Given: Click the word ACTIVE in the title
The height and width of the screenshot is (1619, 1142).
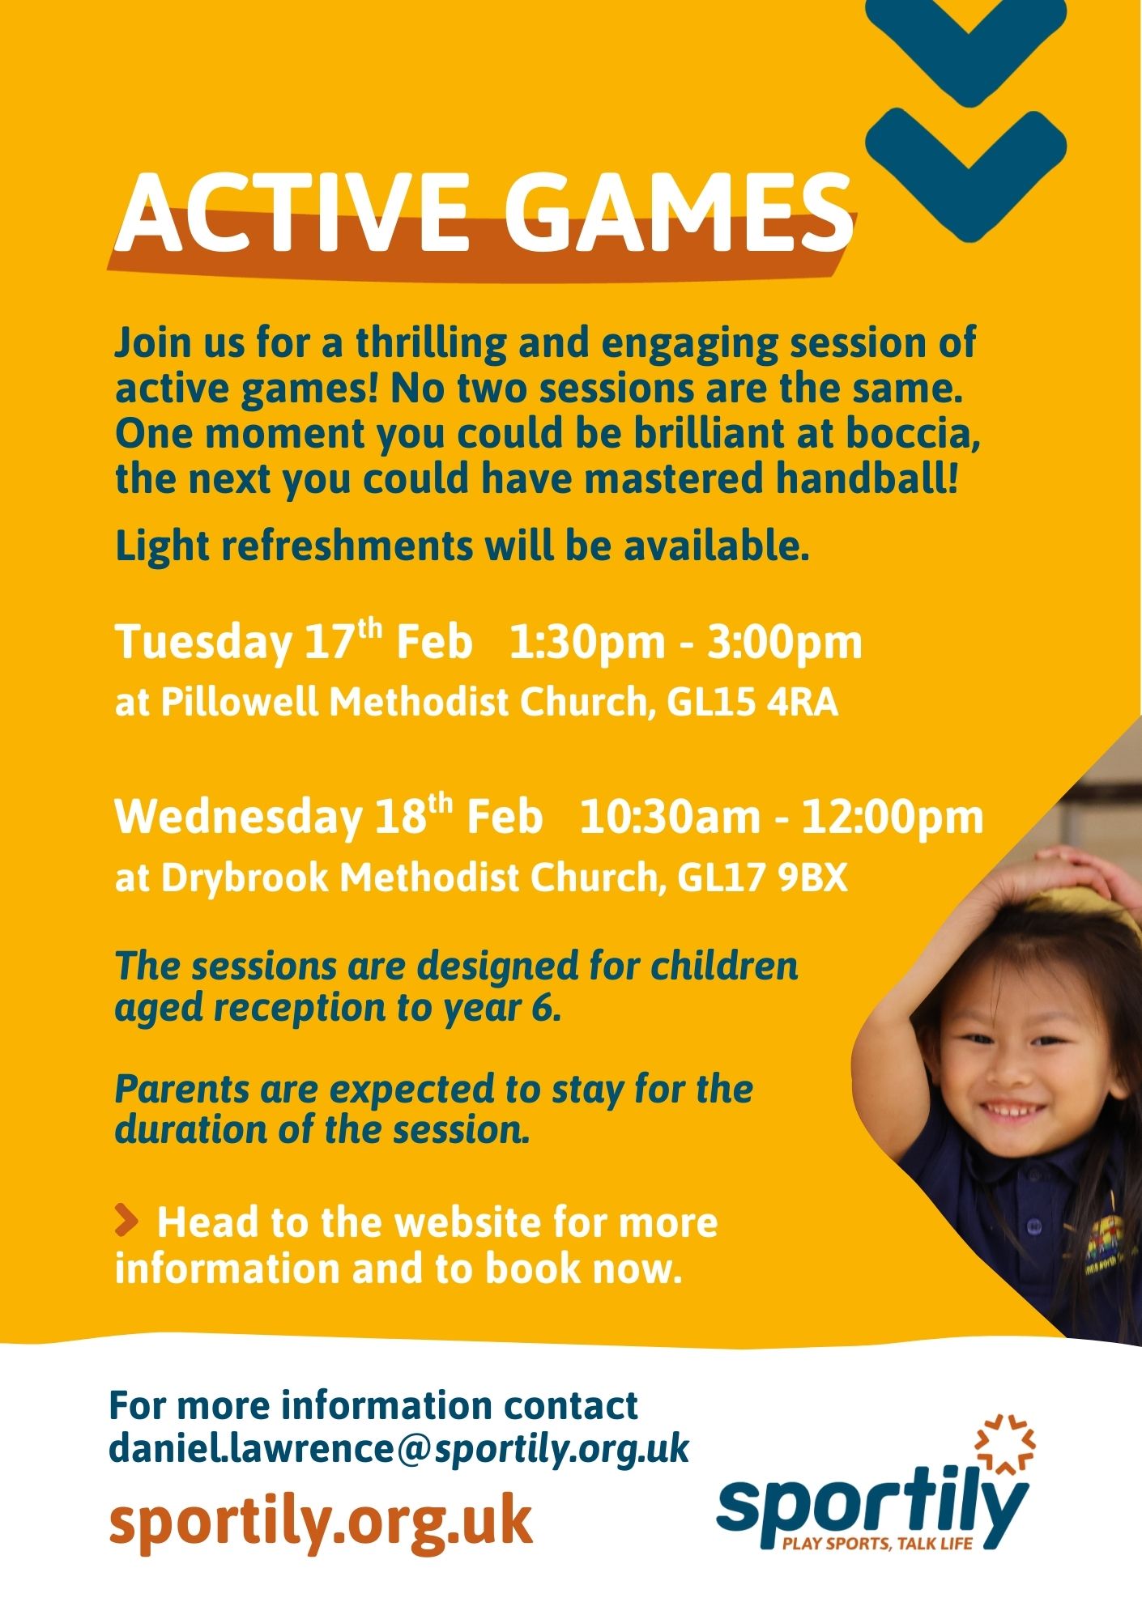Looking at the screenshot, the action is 292,213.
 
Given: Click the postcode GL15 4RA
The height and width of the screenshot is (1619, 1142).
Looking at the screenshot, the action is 752,703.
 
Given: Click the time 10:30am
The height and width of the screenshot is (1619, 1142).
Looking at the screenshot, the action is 670,818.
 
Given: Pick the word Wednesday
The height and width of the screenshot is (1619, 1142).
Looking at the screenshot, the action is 239,818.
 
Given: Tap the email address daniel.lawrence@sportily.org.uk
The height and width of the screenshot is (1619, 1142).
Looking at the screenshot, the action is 398,1448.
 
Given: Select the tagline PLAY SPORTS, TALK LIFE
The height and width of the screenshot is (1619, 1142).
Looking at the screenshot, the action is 876,1543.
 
